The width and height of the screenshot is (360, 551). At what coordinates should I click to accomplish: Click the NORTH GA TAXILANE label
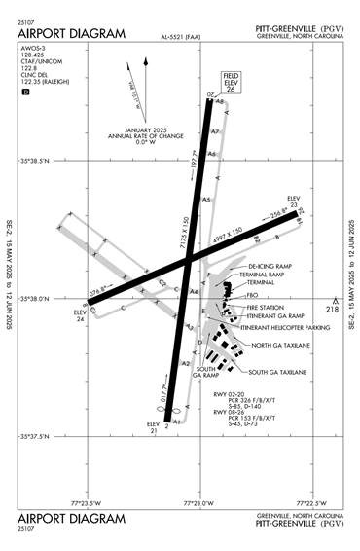(281, 346)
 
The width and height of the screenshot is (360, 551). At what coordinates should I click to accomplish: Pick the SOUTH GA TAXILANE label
(277, 372)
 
